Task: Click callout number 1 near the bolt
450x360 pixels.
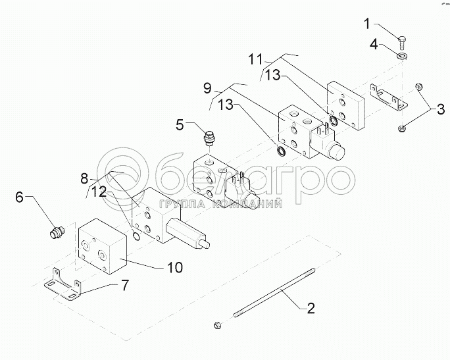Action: tap(367, 24)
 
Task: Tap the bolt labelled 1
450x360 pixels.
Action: tap(402, 42)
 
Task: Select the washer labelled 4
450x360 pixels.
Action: tap(403, 56)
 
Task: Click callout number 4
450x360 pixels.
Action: tap(374, 45)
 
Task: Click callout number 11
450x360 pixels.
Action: tap(255, 59)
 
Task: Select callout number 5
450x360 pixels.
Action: tap(180, 125)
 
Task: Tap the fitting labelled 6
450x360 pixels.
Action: tap(57, 231)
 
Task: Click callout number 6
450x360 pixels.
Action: tap(19, 197)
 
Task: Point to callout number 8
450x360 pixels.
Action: tap(84, 178)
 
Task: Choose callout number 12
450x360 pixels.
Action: tap(99, 192)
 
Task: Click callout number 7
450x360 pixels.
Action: tap(124, 285)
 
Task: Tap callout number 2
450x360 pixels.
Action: tap(311, 308)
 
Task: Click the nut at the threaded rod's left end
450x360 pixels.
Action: tap(217, 325)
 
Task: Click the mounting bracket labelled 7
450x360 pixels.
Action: tap(63, 286)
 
